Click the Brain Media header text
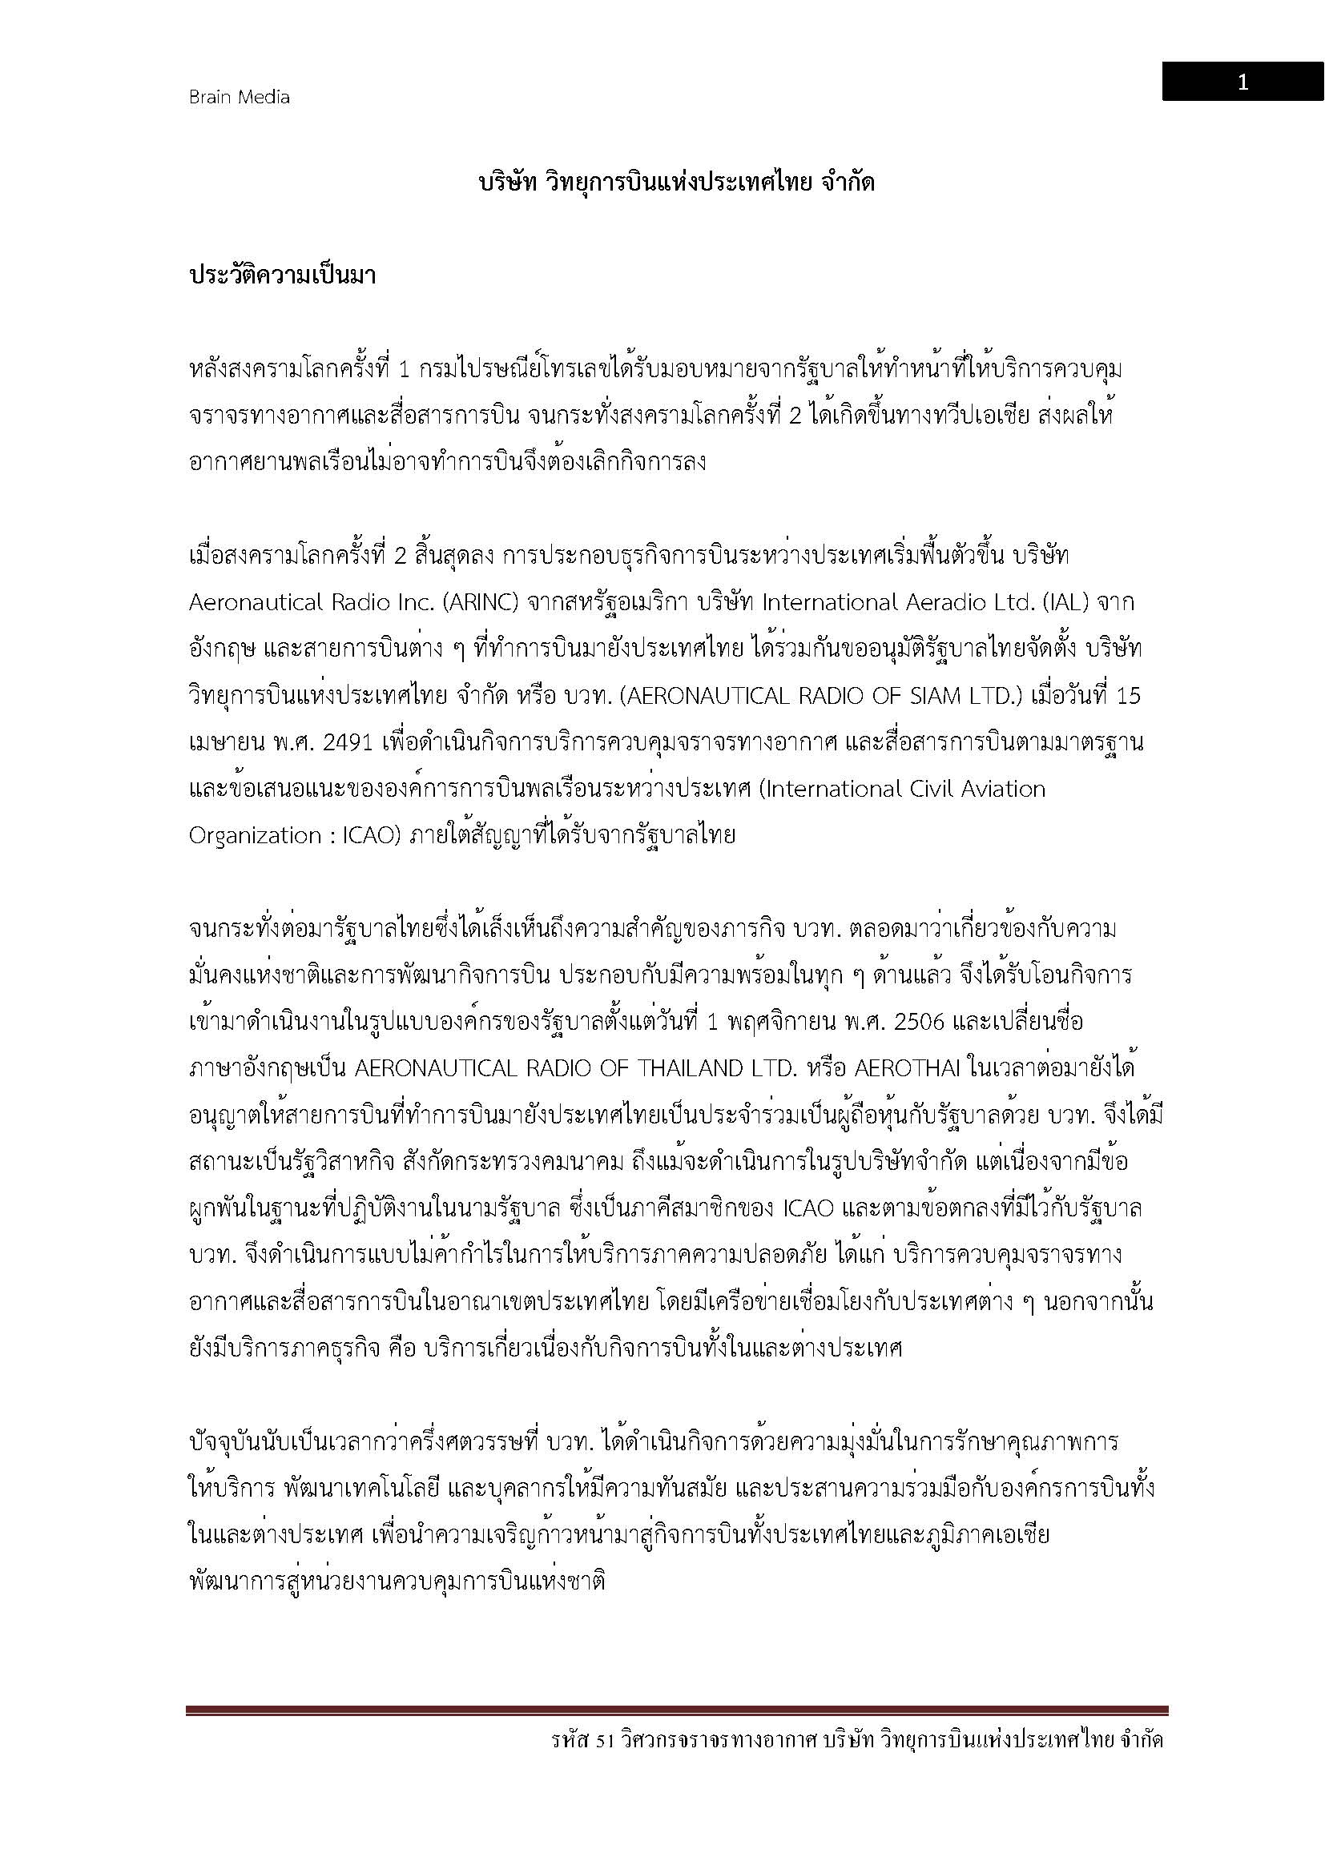coord(239,97)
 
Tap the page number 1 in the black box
coord(1242,82)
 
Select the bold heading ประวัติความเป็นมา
coord(282,275)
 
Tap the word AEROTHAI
coord(914,1069)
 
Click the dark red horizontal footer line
coord(676,1710)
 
